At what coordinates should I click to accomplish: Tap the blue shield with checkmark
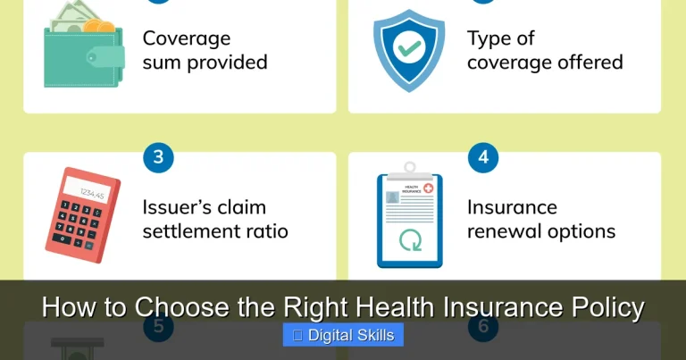(x=408, y=50)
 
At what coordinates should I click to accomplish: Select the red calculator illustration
(x=82, y=214)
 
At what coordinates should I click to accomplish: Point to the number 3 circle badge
(x=158, y=158)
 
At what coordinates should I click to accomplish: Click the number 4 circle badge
(x=483, y=158)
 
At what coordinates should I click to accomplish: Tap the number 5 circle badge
(x=158, y=327)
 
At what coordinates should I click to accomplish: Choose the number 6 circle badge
(x=483, y=327)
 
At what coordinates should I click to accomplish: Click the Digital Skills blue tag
(x=343, y=335)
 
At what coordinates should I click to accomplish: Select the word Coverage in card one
(x=187, y=38)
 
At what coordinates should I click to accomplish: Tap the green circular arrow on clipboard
(x=409, y=241)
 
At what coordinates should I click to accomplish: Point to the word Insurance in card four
(x=512, y=207)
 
